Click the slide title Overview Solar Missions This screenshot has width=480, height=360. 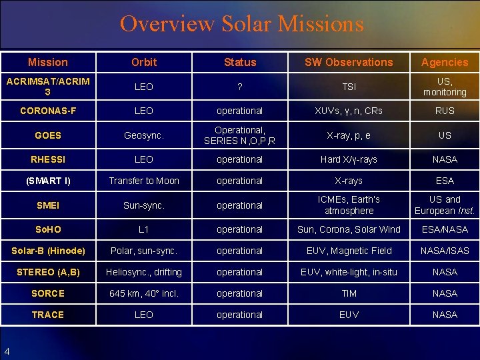tap(241, 25)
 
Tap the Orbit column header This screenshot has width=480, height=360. tap(144, 62)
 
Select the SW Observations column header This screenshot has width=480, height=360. tap(349, 62)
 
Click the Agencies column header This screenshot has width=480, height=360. tap(445, 62)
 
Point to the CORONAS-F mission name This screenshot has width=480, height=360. tap(48, 111)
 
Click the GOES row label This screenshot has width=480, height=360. tap(48, 135)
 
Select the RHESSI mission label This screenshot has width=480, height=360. tap(48, 159)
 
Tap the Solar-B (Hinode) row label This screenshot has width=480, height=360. tap(48, 251)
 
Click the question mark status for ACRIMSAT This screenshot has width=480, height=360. tap(240, 87)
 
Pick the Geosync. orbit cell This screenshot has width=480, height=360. tap(144, 135)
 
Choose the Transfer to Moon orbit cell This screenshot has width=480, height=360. tap(144, 181)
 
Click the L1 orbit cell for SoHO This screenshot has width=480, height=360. tap(144, 229)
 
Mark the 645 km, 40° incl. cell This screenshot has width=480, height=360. tap(144, 293)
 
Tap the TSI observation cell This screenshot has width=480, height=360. tap(349, 87)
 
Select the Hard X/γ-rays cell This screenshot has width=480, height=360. tap(349, 159)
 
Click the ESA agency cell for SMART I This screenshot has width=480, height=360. tap(445, 181)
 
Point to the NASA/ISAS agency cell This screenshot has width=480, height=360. tap(445, 251)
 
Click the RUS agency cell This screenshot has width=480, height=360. tap(445, 111)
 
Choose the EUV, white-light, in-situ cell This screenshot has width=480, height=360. tap(349, 272)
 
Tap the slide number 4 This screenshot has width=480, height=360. tap(7, 351)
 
